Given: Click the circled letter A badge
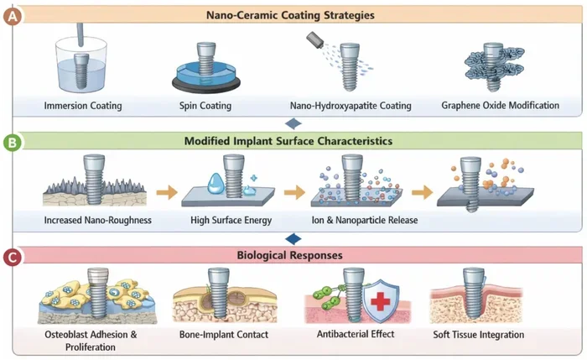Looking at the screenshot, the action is (x=13, y=16).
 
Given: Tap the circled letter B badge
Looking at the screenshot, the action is (x=13, y=143).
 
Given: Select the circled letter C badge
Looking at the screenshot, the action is (x=13, y=257).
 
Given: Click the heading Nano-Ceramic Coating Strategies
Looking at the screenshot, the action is (x=290, y=15).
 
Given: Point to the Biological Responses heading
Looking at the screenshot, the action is (x=290, y=255).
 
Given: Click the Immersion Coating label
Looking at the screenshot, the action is (x=83, y=106).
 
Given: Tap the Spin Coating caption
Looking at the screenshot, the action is (x=205, y=106).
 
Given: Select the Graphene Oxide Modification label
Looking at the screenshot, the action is (x=500, y=105).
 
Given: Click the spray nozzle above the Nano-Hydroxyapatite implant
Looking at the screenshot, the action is (x=315, y=39).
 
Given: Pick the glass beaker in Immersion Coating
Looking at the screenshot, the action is (x=81, y=65).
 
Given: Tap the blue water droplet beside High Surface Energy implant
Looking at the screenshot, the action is (x=216, y=184).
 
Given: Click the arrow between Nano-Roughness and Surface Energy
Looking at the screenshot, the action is (x=167, y=192).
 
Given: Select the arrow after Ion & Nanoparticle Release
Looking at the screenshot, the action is (x=423, y=192).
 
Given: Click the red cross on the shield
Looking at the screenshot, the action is (x=381, y=301).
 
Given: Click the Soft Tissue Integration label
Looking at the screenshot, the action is (x=479, y=335).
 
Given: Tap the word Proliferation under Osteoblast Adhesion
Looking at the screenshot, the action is (x=91, y=347).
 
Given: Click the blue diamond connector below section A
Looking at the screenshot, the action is (x=293, y=123).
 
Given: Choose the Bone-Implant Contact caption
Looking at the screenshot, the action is (x=224, y=335).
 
